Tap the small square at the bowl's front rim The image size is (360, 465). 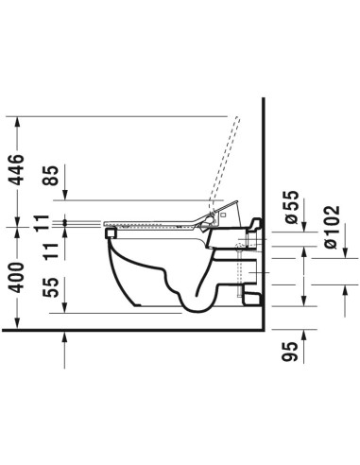[x=111, y=227]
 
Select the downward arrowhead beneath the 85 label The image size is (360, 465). [x=64, y=196]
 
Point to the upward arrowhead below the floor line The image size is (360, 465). [x=64, y=337]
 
